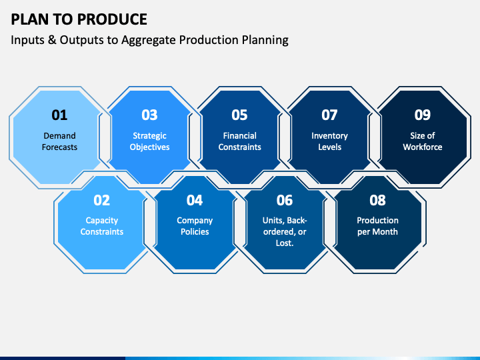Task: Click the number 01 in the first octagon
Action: tap(59, 115)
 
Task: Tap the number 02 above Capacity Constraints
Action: tap(101, 200)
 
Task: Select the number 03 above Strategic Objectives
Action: tap(149, 115)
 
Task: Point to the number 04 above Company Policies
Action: tap(195, 200)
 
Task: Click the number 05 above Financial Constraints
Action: tap(239, 115)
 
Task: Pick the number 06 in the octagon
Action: tap(285, 200)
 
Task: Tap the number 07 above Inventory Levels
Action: tap(329, 115)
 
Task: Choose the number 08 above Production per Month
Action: tap(377, 200)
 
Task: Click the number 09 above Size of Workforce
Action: tap(423, 115)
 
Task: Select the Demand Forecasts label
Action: tap(59, 141)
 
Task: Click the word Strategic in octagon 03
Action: tap(149, 136)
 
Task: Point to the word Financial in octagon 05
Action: tap(240, 135)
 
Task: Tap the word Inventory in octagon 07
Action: tap(330, 136)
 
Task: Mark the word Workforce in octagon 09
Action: tap(423, 147)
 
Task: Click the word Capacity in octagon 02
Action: tap(101, 221)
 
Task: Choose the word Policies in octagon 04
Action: tap(195, 232)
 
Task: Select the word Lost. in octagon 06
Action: tap(285, 243)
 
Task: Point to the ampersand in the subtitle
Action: tap(52, 40)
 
